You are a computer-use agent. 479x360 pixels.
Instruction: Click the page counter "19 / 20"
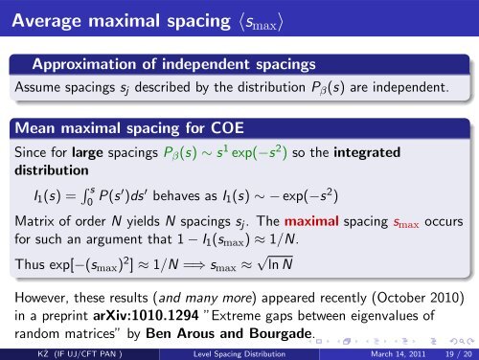[x=448, y=351]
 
